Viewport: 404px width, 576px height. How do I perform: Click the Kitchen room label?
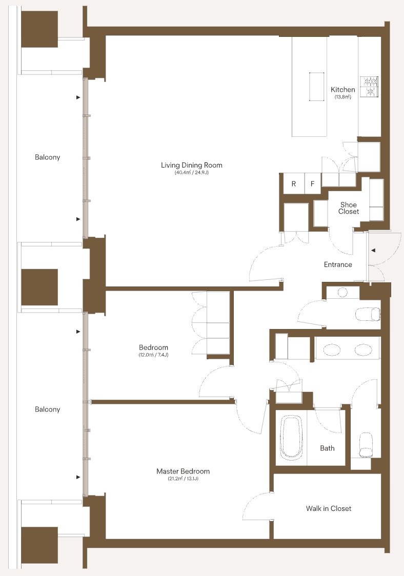342,90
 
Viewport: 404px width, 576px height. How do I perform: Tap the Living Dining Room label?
192,166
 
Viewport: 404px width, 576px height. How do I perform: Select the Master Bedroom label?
183,471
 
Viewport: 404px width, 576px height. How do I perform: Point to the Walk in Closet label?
329,508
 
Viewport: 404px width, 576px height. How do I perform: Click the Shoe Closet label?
349,208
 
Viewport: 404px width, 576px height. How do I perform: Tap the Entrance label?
338,264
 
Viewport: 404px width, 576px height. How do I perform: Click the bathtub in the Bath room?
292,438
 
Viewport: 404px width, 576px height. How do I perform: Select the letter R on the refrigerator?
294,183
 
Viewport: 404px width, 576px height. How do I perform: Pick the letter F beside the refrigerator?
312,183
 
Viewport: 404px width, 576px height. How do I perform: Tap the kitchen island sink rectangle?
317,86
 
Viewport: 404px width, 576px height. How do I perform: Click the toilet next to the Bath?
366,445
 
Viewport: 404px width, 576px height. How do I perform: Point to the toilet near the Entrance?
368,314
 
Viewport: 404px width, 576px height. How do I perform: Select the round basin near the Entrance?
342,293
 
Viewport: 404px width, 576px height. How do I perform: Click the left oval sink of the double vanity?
332,349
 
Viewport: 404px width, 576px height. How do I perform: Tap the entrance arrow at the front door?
373,251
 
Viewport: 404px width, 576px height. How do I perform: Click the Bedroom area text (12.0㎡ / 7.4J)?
153,355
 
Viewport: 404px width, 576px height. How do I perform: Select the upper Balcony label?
47,157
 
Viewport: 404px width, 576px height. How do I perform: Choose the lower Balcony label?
47,409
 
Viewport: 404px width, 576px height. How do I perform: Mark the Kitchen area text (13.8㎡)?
342,97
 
